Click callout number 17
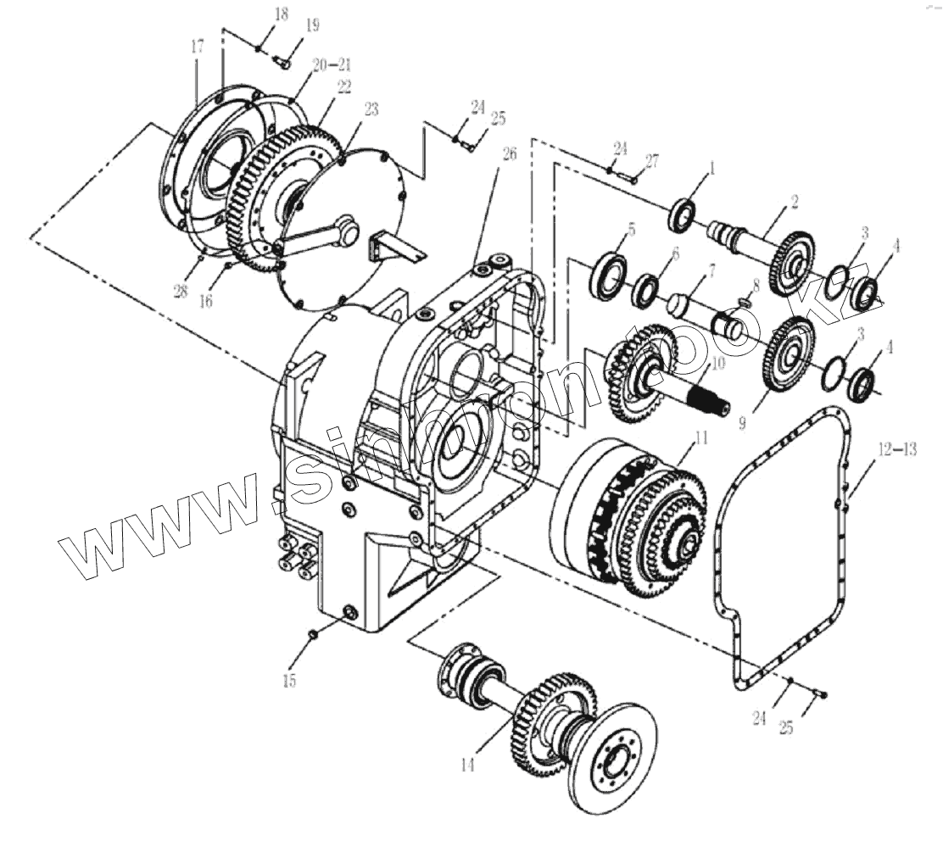197,47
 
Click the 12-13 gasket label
897,450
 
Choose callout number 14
466,766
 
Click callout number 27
650,160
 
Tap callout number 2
794,202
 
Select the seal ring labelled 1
683,215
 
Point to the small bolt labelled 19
283,61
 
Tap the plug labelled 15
313,633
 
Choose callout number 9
742,421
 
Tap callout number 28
180,291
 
